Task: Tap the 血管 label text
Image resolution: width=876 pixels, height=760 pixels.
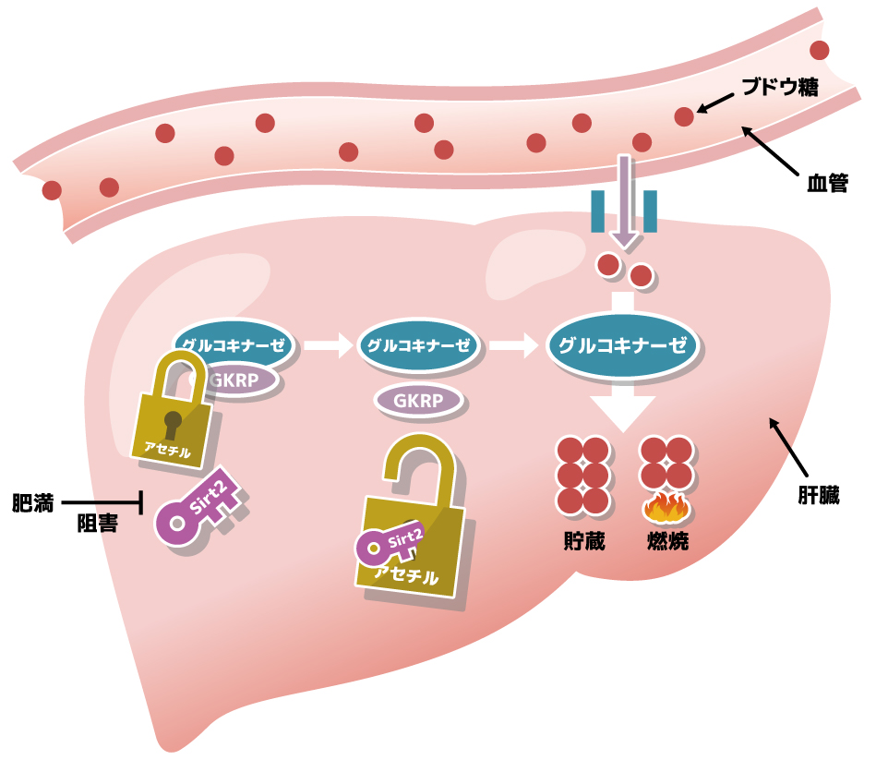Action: pos(826,183)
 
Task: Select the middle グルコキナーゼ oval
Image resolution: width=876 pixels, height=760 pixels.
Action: pos(420,346)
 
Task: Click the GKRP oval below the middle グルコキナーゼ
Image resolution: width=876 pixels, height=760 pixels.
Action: pos(418,400)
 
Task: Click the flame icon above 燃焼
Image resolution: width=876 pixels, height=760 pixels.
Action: pos(667,507)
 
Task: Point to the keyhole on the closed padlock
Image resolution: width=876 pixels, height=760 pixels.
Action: pos(173,426)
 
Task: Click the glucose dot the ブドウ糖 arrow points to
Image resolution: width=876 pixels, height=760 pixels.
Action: pos(684,116)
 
